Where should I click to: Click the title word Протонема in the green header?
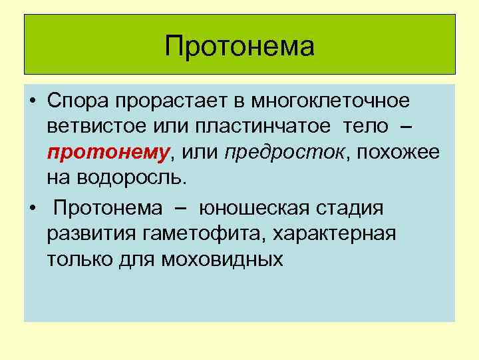point(239,47)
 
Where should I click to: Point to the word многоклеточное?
point(329,103)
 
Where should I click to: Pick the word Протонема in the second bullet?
point(108,208)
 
